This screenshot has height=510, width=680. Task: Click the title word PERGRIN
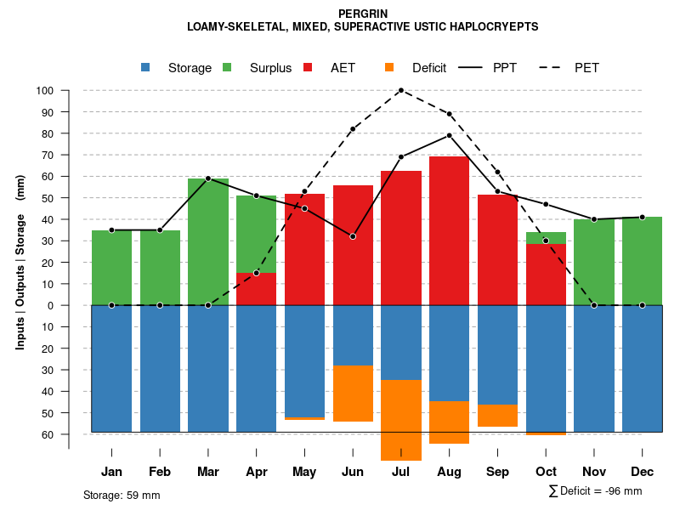(x=362, y=14)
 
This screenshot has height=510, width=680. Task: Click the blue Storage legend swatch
(x=146, y=67)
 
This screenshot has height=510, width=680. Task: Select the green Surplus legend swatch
(x=227, y=67)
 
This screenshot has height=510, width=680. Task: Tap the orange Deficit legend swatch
(x=389, y=67)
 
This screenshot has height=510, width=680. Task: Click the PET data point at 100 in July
(x=401, y=90)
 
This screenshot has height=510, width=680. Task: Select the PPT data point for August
(x=450, y=135)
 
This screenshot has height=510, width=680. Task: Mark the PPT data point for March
(x=208, y=178)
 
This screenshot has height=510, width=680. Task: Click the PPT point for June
(x=353, y=236)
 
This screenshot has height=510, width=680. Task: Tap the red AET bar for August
(x=450, y=229)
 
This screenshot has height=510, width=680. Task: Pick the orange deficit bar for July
(x=401, y=420)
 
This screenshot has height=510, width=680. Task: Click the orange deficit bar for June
(x=353, y=393)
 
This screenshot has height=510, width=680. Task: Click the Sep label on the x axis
(x=497, y=472)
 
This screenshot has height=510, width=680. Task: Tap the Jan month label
(x=111, y=472)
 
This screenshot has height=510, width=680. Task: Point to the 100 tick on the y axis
(x=45, y=91)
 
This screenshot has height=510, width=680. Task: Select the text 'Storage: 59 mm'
(x=122, y=495)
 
